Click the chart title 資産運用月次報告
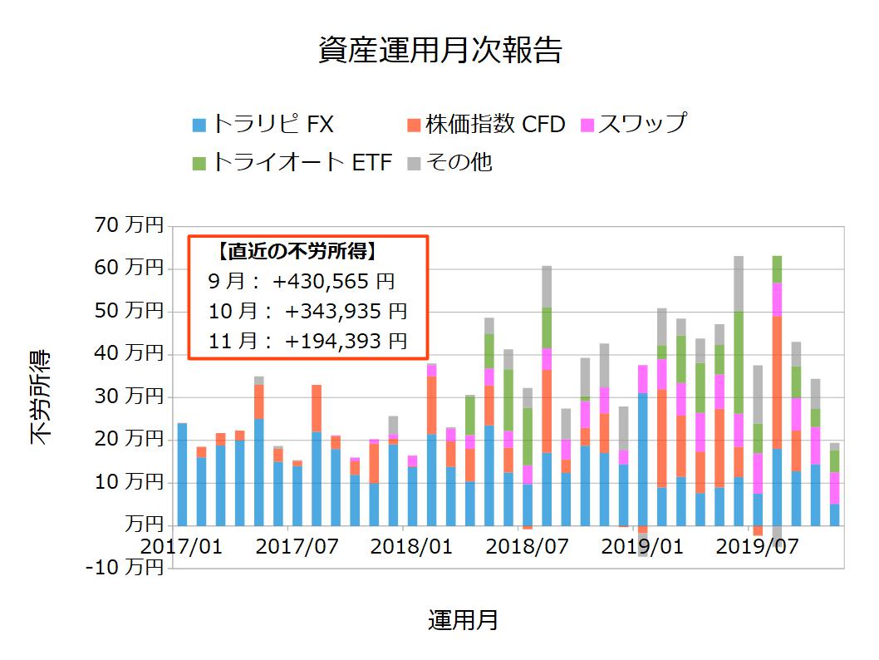[x=439, y=50]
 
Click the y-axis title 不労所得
[x=42, y=396]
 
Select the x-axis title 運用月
[x=463, y=620]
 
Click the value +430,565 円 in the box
[x=333, y=282]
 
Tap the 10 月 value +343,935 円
[x=346, y=312]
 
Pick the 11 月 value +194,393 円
[x=346, y=341]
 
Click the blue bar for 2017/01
[x=182, y=474]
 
